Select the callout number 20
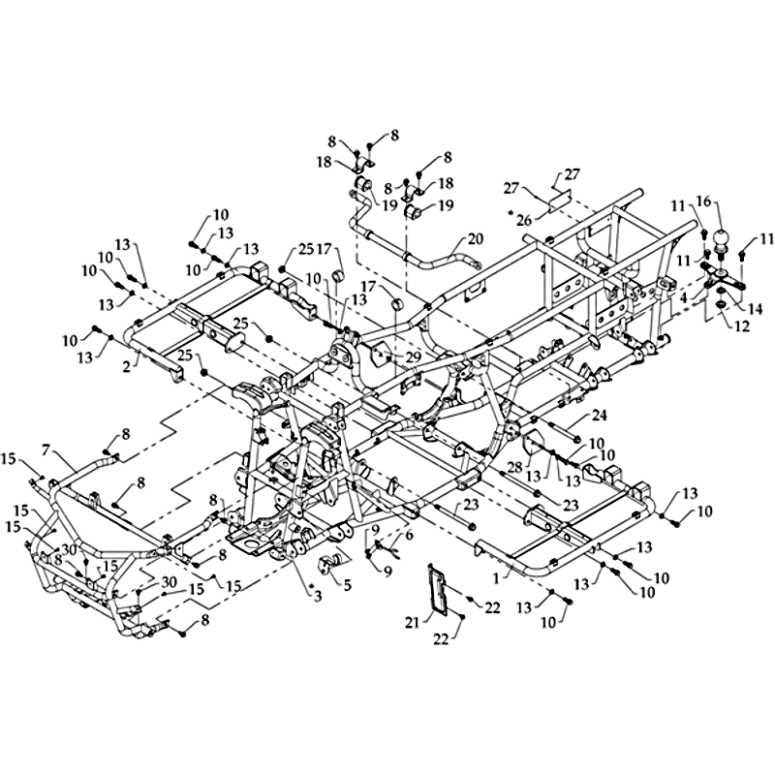475,237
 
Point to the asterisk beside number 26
509,211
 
